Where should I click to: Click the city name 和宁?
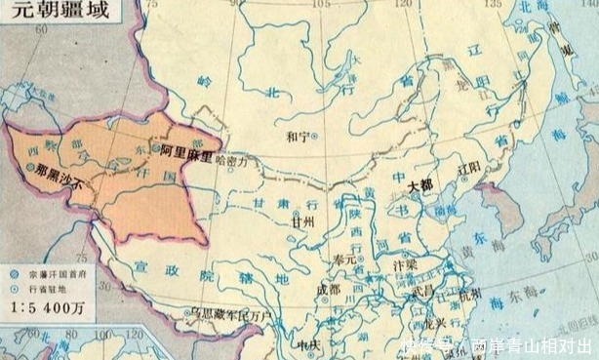(297, 137)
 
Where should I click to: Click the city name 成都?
(328, 290)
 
